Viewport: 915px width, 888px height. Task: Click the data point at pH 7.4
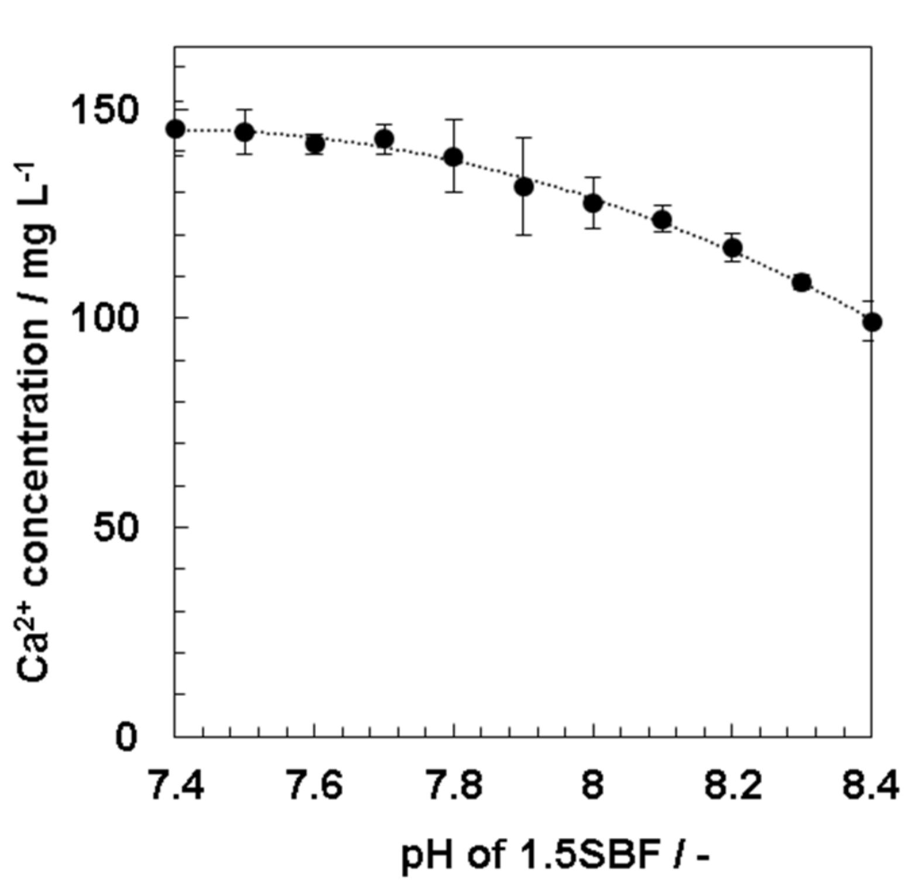tap(175, 129)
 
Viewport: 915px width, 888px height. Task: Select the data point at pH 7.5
tap(245, 132)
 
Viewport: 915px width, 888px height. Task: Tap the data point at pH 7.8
tap(454, 157)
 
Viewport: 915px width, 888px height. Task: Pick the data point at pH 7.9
tap(524, 187)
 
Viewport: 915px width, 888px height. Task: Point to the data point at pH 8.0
tap(593, 203)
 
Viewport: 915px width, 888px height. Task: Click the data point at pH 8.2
tap(732, 247)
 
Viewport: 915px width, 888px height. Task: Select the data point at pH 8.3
tap(801, 283)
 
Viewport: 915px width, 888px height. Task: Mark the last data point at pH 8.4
tap(872, 322)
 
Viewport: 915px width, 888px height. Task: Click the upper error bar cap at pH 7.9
tap(524, 138)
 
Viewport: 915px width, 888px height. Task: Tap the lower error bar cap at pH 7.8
tap(454, 192)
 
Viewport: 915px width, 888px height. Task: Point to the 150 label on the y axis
tap(104, 109)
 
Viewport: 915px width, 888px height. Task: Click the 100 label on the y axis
tap(104, 318)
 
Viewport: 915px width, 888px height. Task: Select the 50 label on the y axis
tap(116, 528)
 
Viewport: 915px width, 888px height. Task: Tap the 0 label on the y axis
tap(126, 736)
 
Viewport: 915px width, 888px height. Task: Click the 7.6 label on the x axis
tap(314, 786)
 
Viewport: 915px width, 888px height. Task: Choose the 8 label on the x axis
tap(592, 786)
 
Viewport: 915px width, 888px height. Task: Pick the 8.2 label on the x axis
tap(732, 786)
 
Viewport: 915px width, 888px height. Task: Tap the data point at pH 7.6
tap(314, 143)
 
